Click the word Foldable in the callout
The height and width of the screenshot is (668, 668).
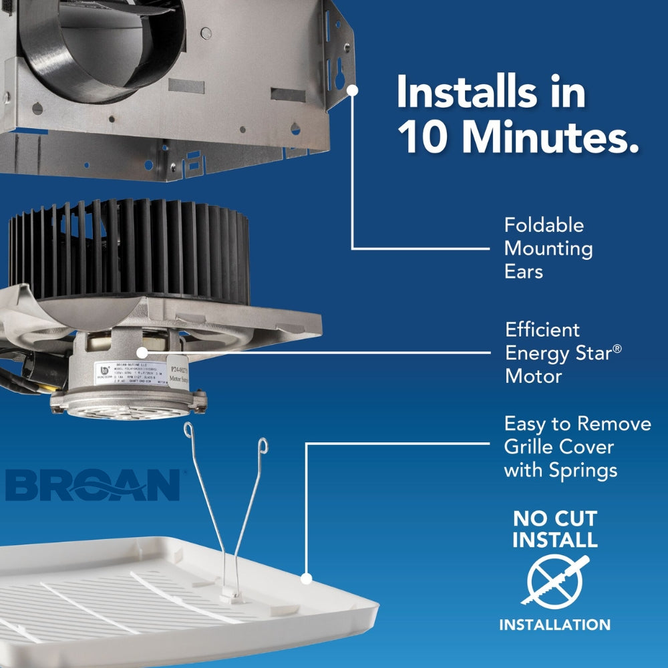(544, 224)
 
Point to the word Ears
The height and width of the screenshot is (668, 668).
(524, 272)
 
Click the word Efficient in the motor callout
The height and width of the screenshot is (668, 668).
(542, 329)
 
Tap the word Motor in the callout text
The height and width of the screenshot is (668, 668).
(533, 376)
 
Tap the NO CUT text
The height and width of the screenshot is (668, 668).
(555, 518)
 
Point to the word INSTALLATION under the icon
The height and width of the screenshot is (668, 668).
(555, 625)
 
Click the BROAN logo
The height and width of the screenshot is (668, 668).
(93, 485)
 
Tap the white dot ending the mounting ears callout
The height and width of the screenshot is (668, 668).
(352, 88)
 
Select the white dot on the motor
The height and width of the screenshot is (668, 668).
(141, 351)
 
